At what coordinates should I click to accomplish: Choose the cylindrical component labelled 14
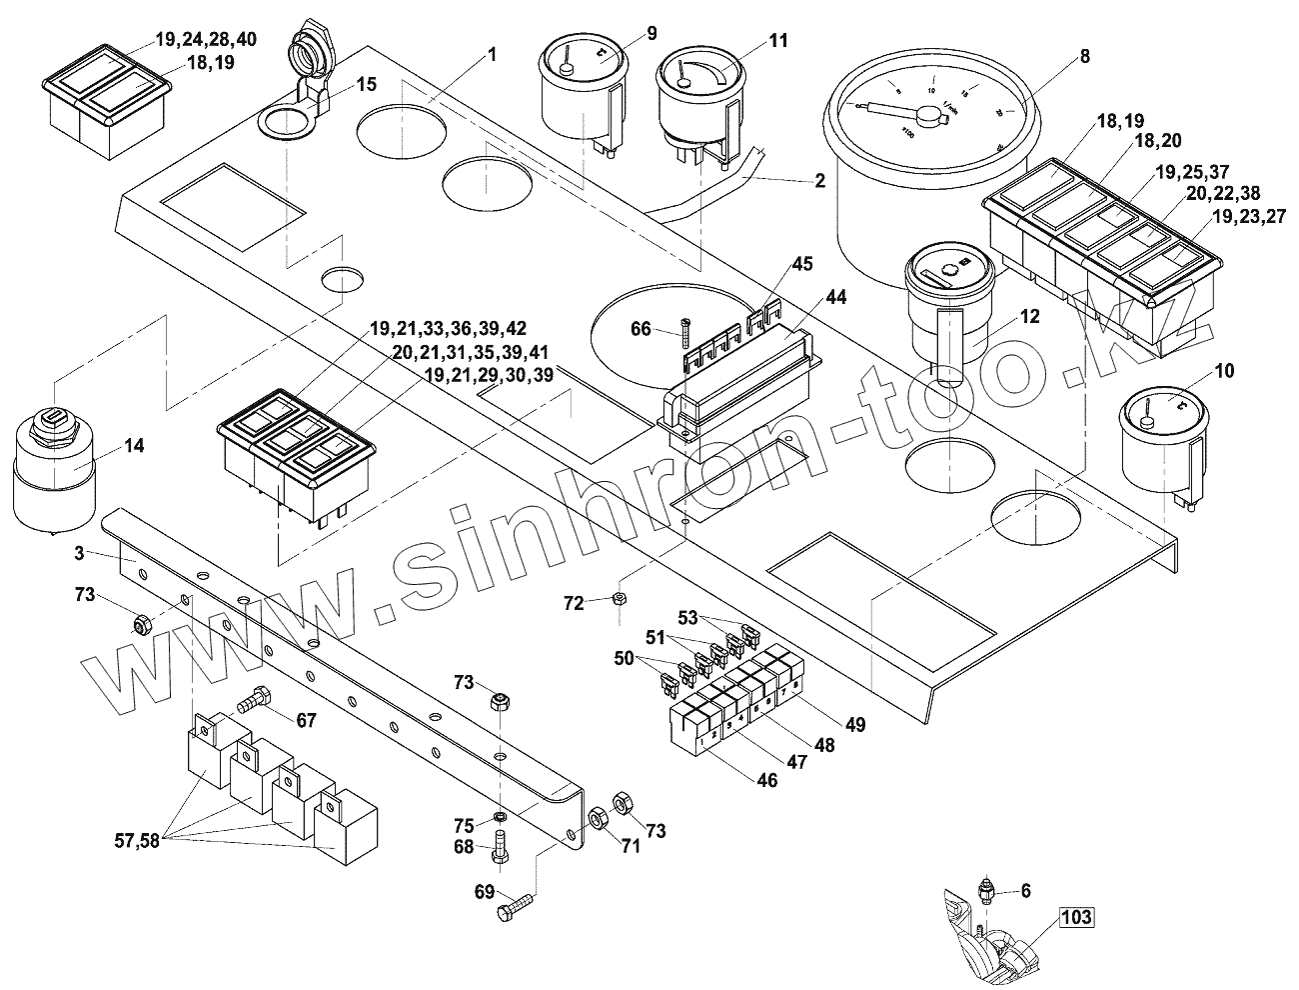(x=54, y=470)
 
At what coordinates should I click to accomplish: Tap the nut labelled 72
(x=619, y=599)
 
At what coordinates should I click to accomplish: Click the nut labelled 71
(x=598, y=817)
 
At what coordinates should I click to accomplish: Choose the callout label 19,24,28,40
(x=206, y=41)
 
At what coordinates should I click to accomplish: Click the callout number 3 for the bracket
(x=78, y=552)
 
